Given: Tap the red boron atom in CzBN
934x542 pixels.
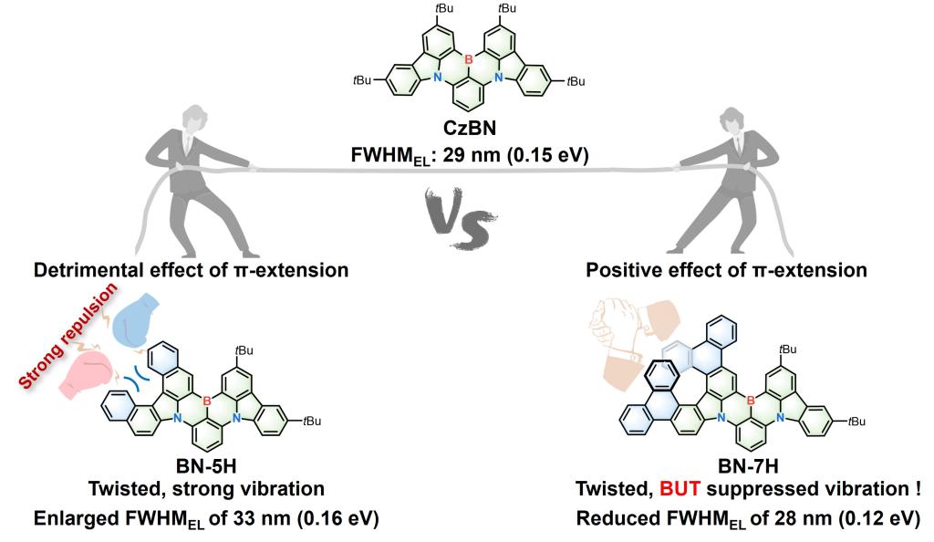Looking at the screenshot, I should click(x=467, y=60).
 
